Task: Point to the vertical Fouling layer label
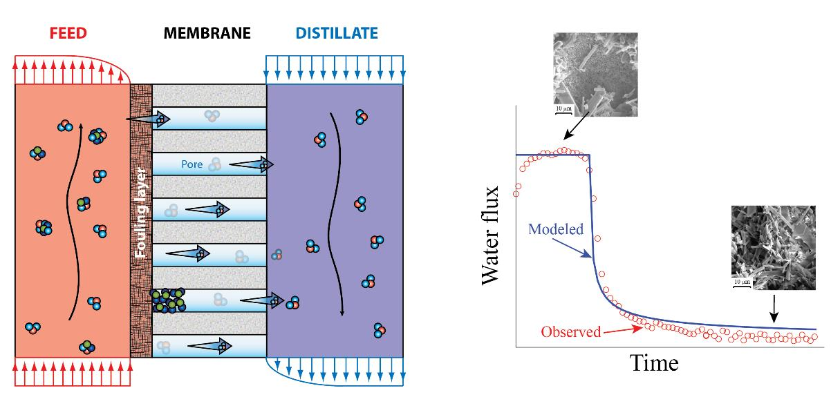(x=141, y=218)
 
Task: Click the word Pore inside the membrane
(x=192, y=165)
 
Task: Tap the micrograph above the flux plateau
(x=595, y=72)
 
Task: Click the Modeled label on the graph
(x=554, y=229)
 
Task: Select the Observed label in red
(x=571, y=331)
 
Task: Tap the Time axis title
(x=654, y=362)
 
